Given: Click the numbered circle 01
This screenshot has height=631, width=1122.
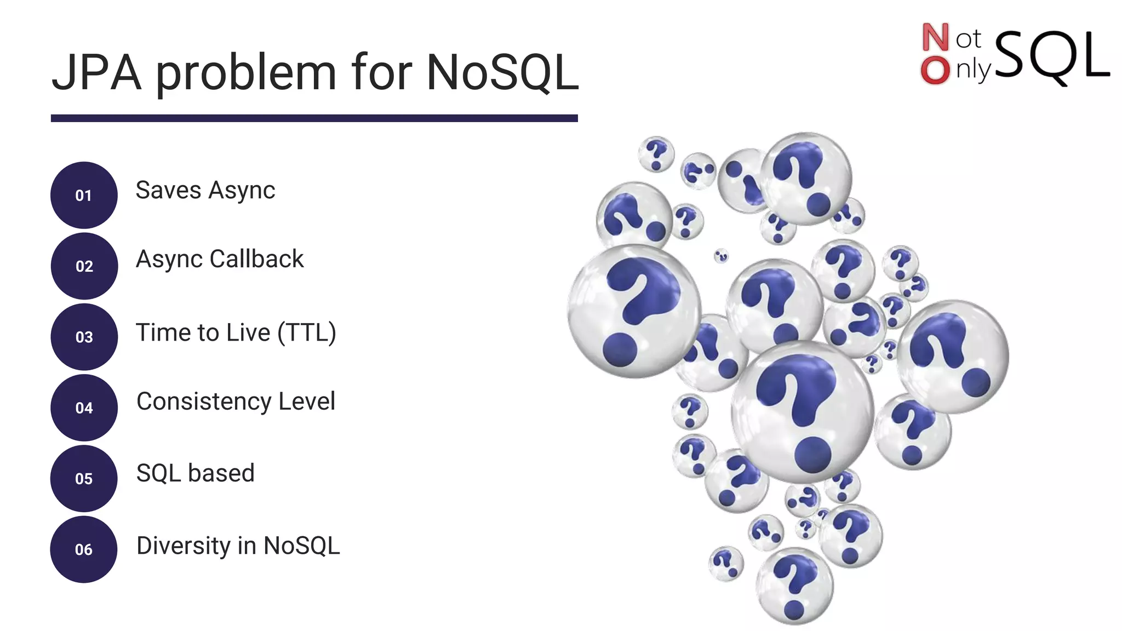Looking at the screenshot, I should (84, 195).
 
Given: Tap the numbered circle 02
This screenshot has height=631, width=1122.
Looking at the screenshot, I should (84, 266).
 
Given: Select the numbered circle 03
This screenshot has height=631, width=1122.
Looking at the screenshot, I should (84, 337).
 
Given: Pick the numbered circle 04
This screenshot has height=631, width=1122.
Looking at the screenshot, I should (84, 408).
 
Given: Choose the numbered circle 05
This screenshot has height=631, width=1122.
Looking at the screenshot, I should (84, 478).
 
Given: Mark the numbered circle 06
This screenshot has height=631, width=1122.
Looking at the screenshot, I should (84, 549).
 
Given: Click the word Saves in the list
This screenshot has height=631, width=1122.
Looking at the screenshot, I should (169, 191).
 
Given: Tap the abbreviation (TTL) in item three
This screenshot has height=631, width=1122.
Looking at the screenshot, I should (307, 332).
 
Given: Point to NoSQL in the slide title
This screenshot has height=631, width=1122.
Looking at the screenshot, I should (502, 73).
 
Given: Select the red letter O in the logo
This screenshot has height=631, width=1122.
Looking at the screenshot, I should (935, 71).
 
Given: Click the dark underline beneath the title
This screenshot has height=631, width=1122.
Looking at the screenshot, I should (314, 118).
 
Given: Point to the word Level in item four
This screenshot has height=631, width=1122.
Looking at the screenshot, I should (307, 401).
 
